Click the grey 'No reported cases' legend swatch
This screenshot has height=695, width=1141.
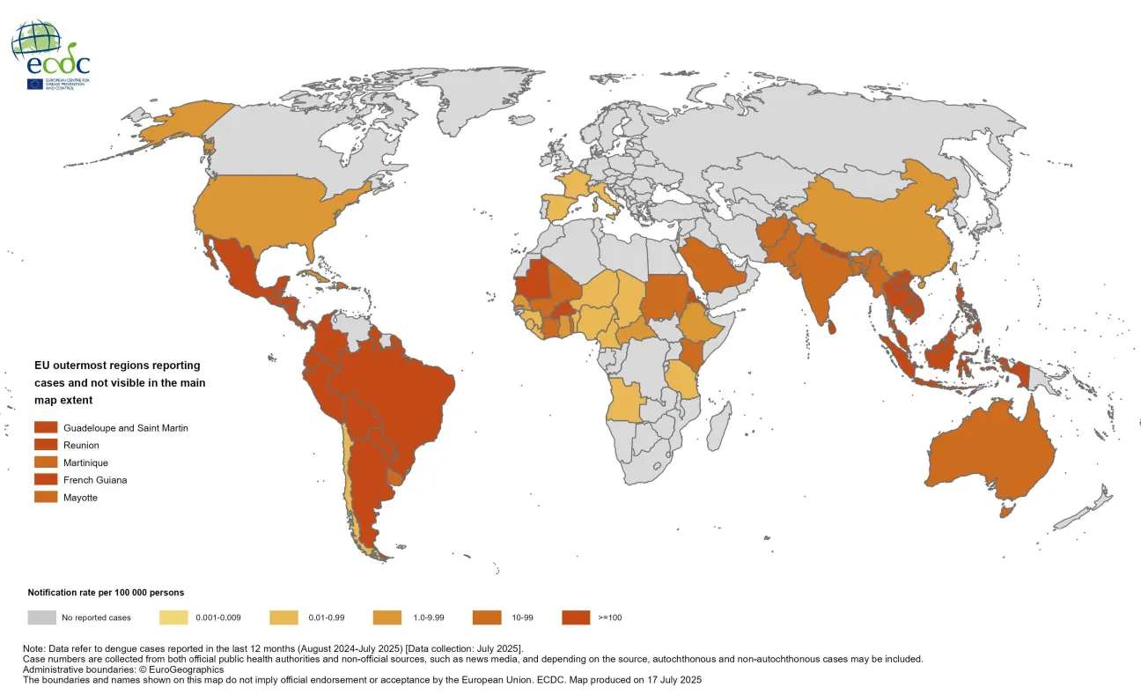[41, 617]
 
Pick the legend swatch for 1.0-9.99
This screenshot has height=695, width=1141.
[387, 617]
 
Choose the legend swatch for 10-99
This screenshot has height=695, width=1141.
[487, 617]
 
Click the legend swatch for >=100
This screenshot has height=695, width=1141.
[575, 617]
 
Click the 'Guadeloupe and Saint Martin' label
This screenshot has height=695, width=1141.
[125, 427]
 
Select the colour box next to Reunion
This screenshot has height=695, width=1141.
[46, 445]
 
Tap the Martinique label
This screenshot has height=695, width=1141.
[85, 462]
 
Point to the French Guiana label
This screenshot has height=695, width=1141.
[94, 480]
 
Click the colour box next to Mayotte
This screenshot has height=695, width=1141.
[46, 498]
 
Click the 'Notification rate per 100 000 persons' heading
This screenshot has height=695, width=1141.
[106, 593]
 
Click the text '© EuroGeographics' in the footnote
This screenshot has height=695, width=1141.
[180, 669]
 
